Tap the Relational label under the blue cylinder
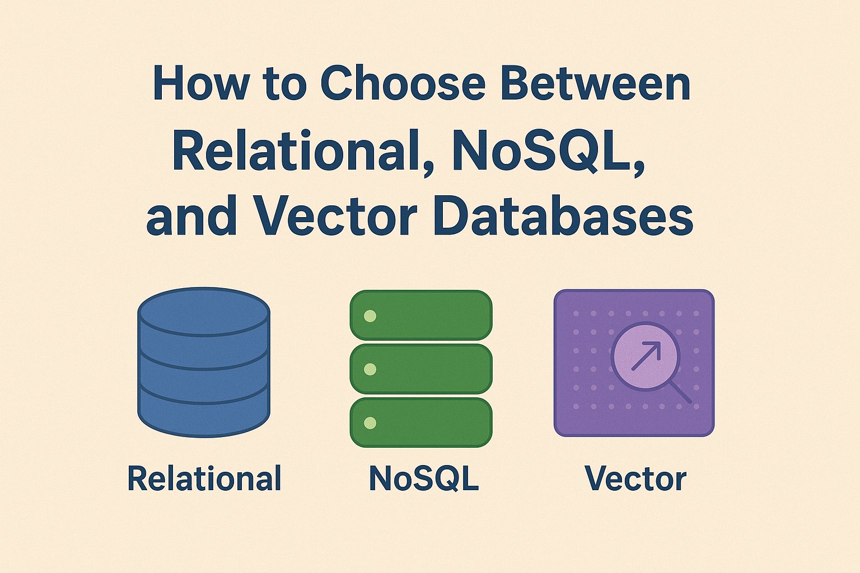[204, 479]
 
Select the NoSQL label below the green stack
[424, 479]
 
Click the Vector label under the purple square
[635, 479]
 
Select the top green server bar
[421, 315]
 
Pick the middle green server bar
[421, 369]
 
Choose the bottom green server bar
[421, 422]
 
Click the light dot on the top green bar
[370, 316]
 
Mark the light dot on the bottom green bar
[370, 423]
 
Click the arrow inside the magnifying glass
[646, 356]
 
